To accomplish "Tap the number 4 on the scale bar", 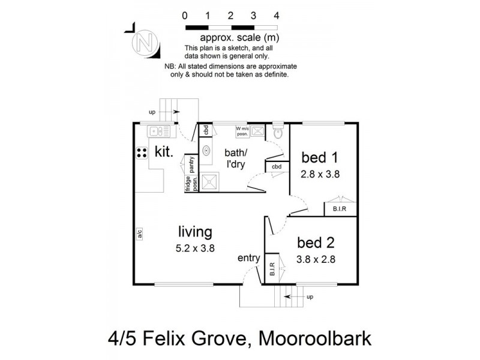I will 275,16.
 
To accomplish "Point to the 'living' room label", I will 195,232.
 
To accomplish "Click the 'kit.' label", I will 164,152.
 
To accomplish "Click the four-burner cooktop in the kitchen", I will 142,152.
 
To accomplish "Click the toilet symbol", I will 277,133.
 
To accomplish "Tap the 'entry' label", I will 248,259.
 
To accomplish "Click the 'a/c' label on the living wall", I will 139,235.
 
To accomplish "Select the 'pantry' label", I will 191,164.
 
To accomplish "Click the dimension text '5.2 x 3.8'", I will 195,247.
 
